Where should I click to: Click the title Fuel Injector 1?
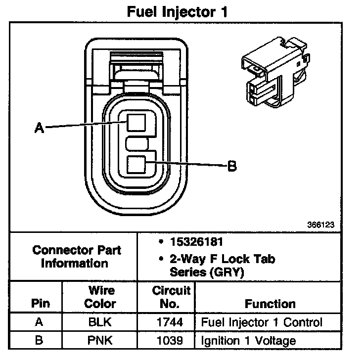(x=178, y=12)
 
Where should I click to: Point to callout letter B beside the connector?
(x=231, y=167)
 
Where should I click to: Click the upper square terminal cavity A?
(x=136, y=121)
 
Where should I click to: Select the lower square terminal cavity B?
(x=136, y=165)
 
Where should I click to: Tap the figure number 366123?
(x=321, y=224)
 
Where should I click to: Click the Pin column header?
(x=41, y=304)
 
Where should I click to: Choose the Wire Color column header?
(x=100, y=297)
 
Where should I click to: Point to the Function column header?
(x=270, y=304)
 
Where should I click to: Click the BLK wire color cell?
(x=100, y=323)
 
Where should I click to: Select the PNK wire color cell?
(x=100, y=340)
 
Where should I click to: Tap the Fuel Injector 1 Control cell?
(x=262, y=323)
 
